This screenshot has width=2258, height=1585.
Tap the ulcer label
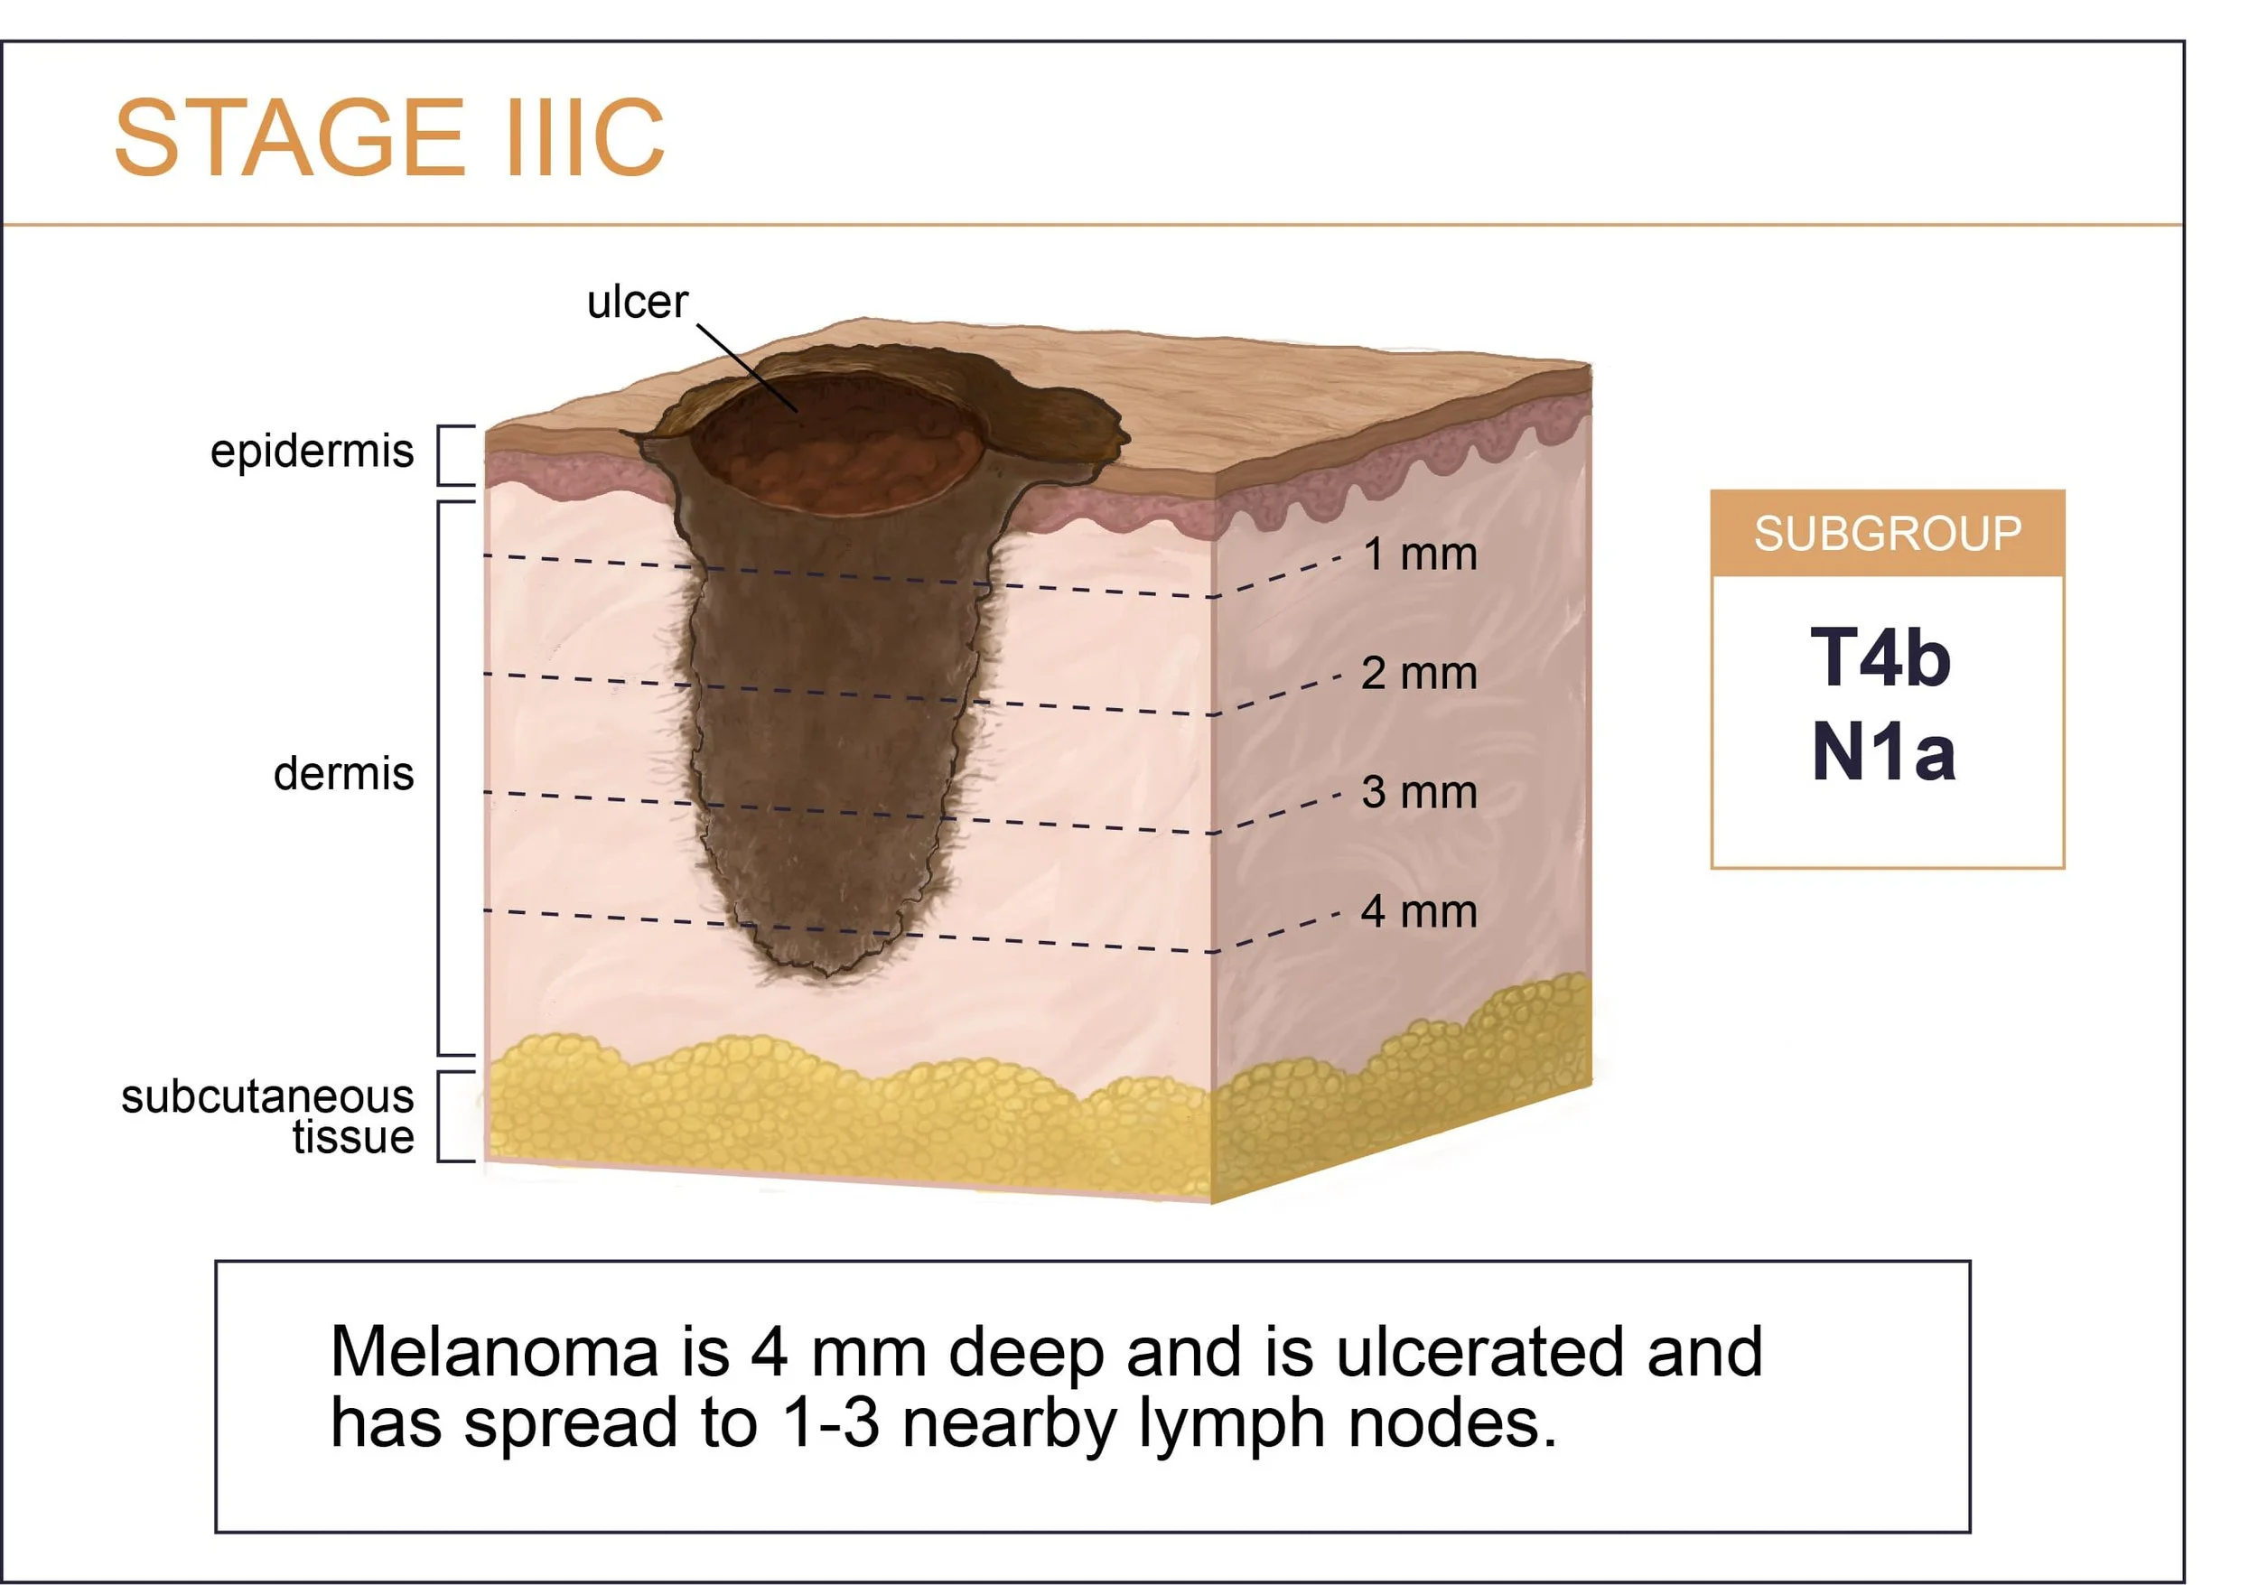(638, 302)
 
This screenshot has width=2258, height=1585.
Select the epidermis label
(312, 452)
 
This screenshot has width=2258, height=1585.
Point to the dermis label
(343, 774)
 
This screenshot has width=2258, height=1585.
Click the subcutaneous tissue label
(267, 1116)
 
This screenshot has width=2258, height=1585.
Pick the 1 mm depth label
(1419, 555)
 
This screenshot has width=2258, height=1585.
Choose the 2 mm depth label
(1419, 674)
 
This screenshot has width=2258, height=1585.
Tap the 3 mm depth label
(1419, 793)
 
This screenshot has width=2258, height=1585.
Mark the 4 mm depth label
(1419, 911)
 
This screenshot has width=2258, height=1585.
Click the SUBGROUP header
(1888, 534)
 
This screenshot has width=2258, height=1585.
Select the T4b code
(1880, 658)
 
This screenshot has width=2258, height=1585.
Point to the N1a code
(1883, 752)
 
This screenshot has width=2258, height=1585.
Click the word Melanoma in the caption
(494, 1352)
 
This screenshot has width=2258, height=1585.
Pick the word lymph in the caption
(1231, 1423)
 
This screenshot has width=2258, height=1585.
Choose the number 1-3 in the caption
(832, 1423)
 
